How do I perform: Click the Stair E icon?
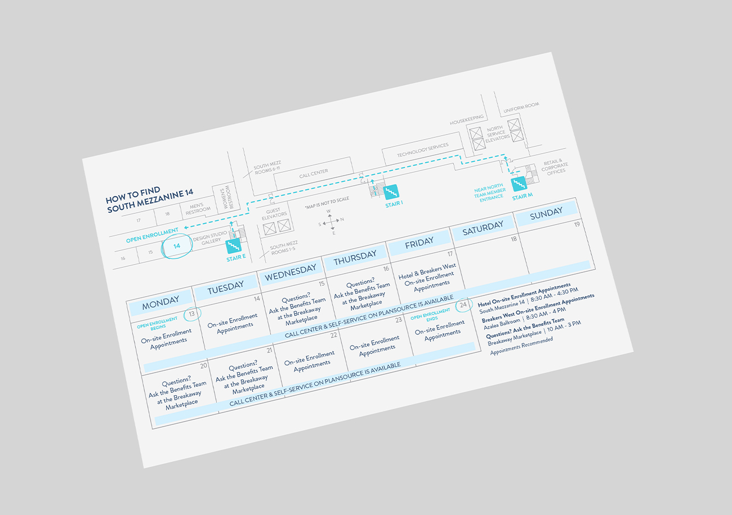click(233, 246)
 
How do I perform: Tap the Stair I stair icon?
click(391, 192)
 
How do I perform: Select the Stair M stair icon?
click(519, 184)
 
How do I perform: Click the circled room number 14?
click(177, 246)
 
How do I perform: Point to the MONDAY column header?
click(160, 303)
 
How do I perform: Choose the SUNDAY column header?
click(546, 213)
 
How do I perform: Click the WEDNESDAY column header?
click(291, 272)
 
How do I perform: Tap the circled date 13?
click(192, 314)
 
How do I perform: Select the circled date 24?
click(464, 305)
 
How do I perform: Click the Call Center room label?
click(314, 173)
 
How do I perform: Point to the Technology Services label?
click(423, 150)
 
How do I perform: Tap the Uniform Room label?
click(521, 108)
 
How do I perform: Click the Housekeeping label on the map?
click(467, 119)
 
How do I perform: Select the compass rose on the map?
click(331, 222)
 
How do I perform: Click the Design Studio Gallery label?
click(210, 238)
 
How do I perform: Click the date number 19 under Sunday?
click(577, 225)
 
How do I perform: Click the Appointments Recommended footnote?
click(521, 346)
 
